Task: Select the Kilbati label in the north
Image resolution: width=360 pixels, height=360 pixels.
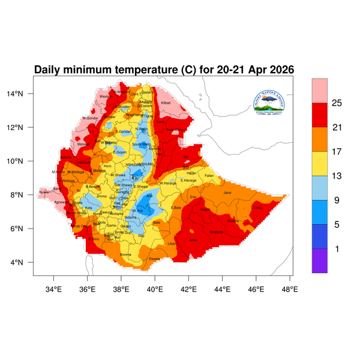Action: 166,103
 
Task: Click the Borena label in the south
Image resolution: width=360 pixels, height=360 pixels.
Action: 125,254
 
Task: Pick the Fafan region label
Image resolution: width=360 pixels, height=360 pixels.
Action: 209,175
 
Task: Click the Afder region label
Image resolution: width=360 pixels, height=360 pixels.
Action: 193,240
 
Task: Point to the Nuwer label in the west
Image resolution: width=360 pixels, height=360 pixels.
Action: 43,193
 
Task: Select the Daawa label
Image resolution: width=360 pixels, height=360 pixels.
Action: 154,259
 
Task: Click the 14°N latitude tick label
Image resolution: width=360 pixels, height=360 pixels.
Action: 22,94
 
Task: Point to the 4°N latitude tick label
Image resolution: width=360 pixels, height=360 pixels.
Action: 24,263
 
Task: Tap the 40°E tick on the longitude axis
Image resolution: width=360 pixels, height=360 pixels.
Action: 155,289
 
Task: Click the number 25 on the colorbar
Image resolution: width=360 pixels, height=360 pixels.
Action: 336,103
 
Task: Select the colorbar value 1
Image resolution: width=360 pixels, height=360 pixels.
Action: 336,248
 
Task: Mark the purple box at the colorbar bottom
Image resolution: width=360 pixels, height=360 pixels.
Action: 320,261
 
